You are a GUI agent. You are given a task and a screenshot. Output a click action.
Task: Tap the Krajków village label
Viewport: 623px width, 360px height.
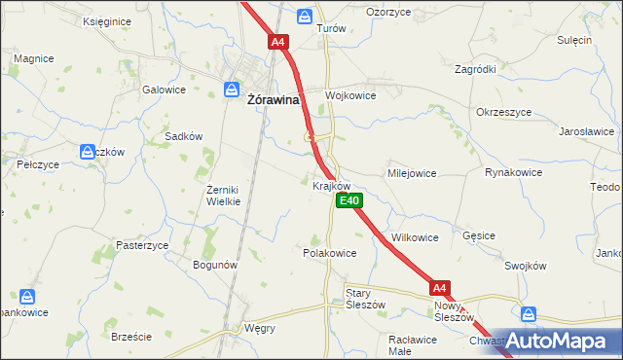331,185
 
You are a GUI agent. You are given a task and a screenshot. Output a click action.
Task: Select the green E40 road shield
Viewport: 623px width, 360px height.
350,200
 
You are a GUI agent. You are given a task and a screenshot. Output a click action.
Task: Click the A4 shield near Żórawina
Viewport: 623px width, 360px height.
278,42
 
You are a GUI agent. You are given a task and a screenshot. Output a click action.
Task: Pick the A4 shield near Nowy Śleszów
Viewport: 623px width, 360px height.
440,287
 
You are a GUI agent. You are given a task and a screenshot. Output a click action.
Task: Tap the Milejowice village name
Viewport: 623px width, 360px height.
412,172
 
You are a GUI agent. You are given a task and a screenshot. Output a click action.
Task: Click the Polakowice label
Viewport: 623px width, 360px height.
330,252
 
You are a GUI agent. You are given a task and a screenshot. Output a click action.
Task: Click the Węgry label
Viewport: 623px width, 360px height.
260,328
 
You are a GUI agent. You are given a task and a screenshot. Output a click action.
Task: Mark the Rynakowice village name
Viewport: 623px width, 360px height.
512,172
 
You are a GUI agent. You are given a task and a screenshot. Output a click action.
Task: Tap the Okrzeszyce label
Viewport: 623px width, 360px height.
504,112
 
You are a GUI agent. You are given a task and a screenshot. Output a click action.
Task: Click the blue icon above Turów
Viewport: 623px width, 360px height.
305,16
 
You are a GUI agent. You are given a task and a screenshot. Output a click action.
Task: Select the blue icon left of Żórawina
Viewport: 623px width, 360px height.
232,89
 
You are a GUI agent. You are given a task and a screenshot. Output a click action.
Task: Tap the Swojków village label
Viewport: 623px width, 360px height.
529,265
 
